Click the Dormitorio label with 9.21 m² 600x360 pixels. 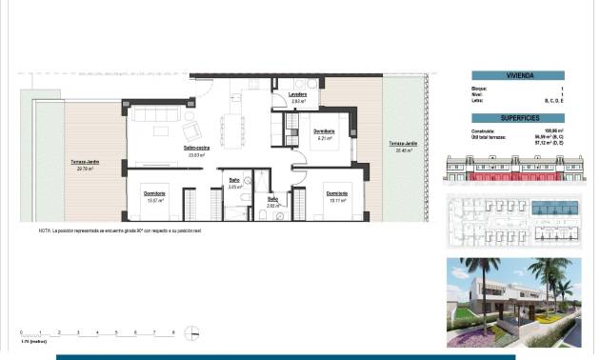point(324,131)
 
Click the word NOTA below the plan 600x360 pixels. point(46,230)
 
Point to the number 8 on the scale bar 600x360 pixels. point(172,331)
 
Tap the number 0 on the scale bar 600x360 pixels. point(21,331)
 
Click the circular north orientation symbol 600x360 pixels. point(193,332)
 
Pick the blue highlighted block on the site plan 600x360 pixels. point(552,208)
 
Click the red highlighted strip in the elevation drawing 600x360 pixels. point(514,177)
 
